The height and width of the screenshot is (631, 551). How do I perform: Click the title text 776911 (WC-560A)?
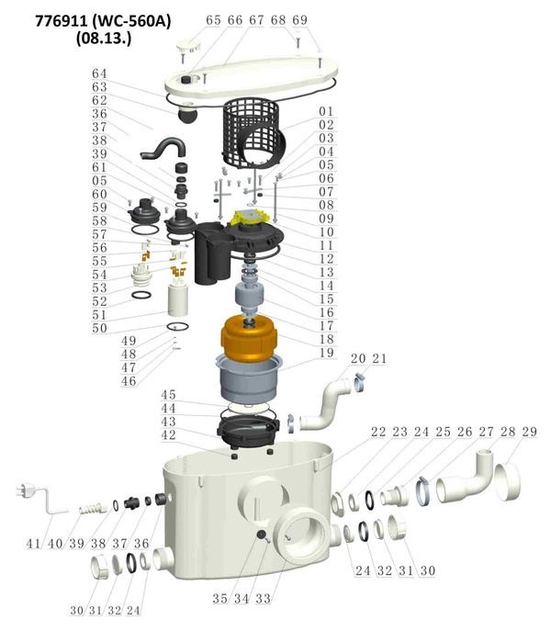click(x=103, y=21)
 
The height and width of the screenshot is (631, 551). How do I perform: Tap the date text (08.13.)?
click(x=104, y=39)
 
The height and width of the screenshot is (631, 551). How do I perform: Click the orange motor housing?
click(x=249, y=338)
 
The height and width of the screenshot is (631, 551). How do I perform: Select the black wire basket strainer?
click(x=252, y=134)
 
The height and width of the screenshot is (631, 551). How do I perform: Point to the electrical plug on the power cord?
click(x=25, y=491)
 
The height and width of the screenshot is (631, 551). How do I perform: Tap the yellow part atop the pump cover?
click(x=249, y=218)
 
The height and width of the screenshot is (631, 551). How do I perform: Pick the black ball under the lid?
click(x=187, y=115)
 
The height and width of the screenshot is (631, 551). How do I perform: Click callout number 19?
click(x=326, y=353)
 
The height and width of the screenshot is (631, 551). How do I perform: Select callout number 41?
click(x=34, y=544)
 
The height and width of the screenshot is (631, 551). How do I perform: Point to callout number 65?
click(x=213, y=20)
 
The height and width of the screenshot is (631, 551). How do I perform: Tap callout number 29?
click(x=530, y=432)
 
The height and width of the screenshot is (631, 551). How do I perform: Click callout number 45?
click(x=169, y=395)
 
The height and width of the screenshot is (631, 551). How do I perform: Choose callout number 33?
click(x=264, y=599)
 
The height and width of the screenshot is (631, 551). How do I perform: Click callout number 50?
click(x=100, y=328)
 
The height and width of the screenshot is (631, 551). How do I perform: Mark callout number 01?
click(x=326, y=111)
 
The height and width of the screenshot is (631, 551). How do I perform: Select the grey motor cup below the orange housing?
click(x=249, y=379)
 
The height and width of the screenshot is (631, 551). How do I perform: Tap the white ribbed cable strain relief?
click(x=93, y=509)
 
